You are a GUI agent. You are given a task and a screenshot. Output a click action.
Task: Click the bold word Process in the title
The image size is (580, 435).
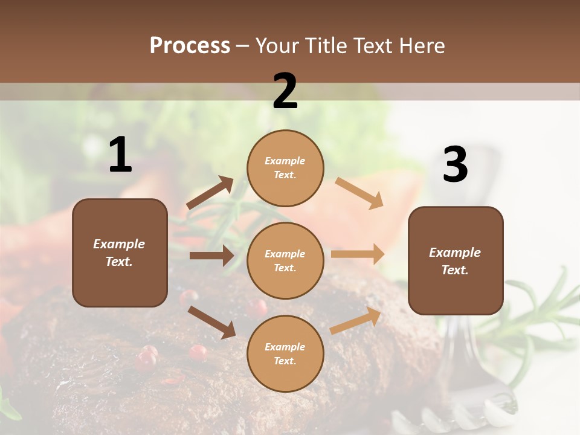[190, 45]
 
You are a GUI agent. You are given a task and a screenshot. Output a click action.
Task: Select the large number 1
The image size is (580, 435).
[120, 155]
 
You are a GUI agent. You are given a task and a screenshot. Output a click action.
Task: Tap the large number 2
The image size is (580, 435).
[285, 91]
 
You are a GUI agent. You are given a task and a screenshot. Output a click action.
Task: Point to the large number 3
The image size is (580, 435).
[456, 165]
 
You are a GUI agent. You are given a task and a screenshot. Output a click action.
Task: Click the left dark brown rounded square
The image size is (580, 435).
[120, 253]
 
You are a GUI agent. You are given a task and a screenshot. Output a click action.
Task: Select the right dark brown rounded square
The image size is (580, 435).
[456, 260]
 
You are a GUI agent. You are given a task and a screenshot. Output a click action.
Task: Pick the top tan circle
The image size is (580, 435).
[285, 168]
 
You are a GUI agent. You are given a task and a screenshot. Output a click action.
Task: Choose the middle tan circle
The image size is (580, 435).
[285, 260]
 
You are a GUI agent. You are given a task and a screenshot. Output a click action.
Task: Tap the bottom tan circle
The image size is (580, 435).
[285, 353]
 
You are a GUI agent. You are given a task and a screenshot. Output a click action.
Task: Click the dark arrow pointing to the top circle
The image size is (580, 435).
[210, 193]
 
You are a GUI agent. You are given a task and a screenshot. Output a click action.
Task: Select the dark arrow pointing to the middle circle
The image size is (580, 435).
[211, 256]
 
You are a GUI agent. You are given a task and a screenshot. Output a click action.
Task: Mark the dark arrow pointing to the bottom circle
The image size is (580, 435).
[211, 321]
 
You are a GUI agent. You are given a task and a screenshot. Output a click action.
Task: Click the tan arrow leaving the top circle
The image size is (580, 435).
[359, 193]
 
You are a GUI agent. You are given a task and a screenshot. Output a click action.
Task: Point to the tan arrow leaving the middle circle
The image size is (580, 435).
[358, 254]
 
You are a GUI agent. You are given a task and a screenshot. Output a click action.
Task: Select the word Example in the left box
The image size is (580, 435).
[119, 244]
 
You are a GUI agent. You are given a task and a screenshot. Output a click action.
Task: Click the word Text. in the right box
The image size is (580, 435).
[455, 270]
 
